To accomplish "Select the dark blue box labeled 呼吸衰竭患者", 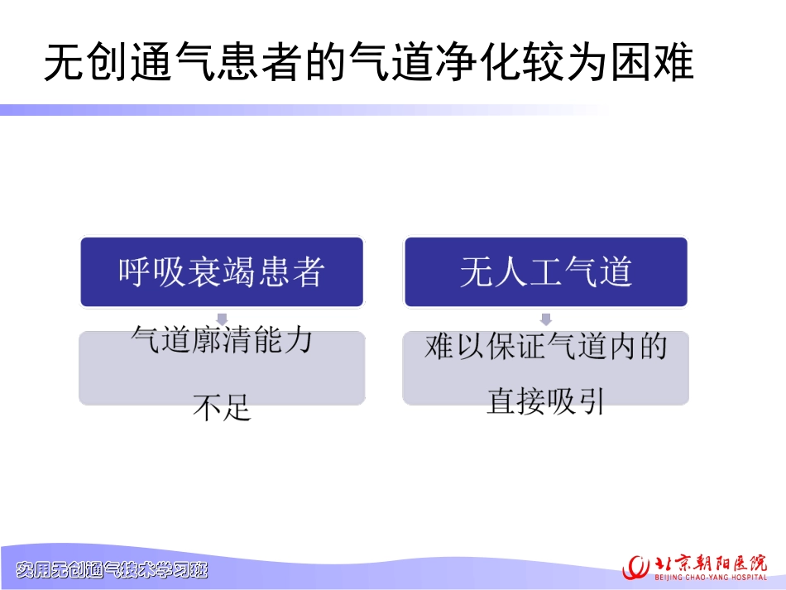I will coord(221,272).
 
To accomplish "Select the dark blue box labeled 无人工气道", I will coord(545,272).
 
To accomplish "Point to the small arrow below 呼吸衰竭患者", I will coord(221,319).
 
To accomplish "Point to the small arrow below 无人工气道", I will coord(545,319).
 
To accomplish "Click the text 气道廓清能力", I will coord(222,340).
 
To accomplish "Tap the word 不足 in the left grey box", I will coord(221,406).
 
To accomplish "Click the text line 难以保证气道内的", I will coord(545,348).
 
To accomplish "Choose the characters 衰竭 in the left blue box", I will coord(221,272).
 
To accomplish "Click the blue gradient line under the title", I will coord(298,110).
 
